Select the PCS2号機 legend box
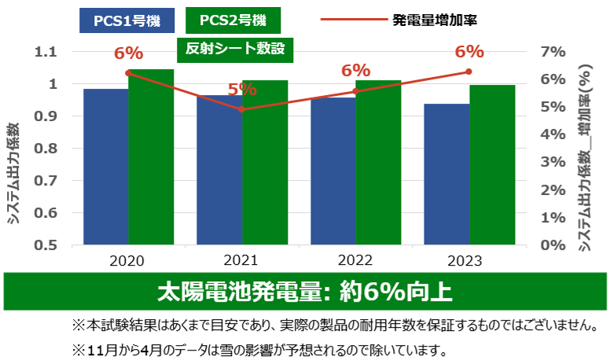click(233, 18)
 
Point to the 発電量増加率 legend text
click(434, 18)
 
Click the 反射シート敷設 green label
click(234, 49)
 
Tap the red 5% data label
click(242, 89)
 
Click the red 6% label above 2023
click(469, 52)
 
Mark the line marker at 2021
click(242, 109)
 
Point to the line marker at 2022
click(355, 91)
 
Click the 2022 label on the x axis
click(355, 260)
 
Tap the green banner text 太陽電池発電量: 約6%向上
click(304, 292)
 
